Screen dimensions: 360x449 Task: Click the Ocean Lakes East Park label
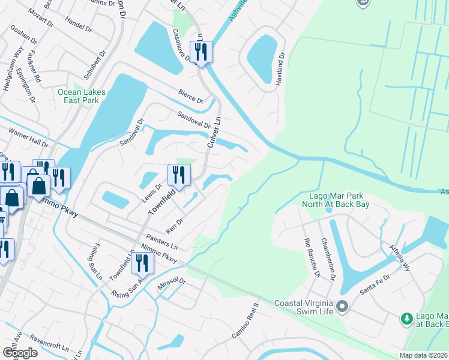point(82,96)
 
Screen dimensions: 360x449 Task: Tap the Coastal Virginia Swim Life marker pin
point(342,307)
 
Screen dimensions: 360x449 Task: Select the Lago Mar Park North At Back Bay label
point(339,200)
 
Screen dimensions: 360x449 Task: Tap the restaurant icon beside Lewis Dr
point(179,175)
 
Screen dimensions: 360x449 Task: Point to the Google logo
point(20,353)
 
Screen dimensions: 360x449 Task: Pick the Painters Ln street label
point(161,242)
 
